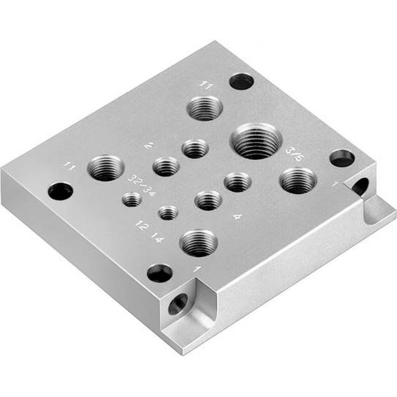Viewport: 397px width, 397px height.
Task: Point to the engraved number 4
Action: pyautogui.click(x=237, y=217)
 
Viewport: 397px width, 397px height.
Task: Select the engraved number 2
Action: pyautogui.click(x=149, y=146)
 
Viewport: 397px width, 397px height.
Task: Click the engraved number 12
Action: pyautogui.click(x=139, y=225)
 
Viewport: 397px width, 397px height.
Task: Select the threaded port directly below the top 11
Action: pyautogui.click(x=205, y=108)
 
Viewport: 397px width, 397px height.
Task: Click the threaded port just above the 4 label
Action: pyautogui.click(x=237, y=182)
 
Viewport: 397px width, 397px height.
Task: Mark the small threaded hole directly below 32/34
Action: pyautogui.click(x=132, y=198)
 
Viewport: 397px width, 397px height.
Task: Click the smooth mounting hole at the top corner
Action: pyautogui.click(x=241, y=81)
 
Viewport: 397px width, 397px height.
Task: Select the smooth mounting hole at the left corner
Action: pyautogui.click(x=60, y=191)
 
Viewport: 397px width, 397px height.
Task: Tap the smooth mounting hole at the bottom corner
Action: pyautogui.click(x=160, y=273)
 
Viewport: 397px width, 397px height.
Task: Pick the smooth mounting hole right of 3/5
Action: pyautogui.click(x=342, y=158)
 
